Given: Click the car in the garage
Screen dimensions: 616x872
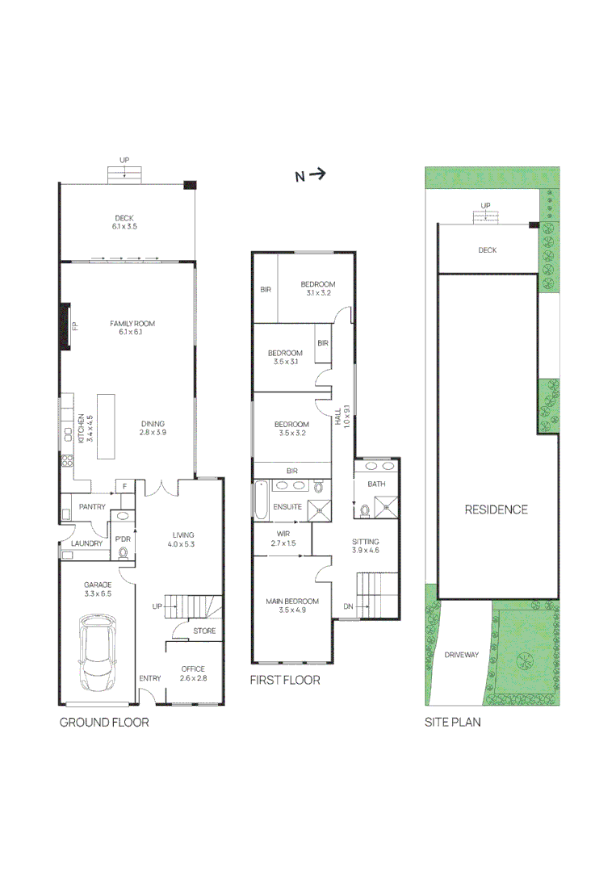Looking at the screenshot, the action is (98, 652).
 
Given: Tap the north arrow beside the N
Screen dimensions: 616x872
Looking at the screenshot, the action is (317, 174).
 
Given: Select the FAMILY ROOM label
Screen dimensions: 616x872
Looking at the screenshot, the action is (132, 324).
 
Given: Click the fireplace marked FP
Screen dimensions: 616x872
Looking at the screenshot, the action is (65, 326).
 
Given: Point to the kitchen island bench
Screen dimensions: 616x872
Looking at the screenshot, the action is (106, 426).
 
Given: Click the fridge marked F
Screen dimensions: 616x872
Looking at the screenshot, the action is (125, 487).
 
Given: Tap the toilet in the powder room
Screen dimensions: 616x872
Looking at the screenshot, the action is (123, 553).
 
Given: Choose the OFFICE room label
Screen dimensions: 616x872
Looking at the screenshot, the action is (193, 669).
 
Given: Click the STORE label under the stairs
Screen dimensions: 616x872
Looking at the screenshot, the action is (204, 631).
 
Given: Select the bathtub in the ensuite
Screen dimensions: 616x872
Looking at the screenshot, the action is (261, 501).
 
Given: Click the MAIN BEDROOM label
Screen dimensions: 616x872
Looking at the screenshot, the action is (292, 602).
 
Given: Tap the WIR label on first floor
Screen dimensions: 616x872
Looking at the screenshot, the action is (283, 534).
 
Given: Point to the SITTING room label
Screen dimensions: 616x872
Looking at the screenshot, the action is (365, 542).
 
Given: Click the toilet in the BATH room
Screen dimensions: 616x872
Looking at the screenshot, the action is (365, 509).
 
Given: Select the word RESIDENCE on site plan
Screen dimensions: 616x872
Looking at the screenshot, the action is (496, 509).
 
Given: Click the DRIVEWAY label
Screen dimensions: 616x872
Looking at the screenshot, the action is (462, 655).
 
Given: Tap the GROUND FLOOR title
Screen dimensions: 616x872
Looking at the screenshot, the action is (104, 723).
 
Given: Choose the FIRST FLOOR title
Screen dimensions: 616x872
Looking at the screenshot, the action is (285, 680).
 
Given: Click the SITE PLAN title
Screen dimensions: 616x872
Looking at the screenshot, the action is (453, 723).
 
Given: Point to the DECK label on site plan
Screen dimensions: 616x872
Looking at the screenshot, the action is (487, 250).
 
